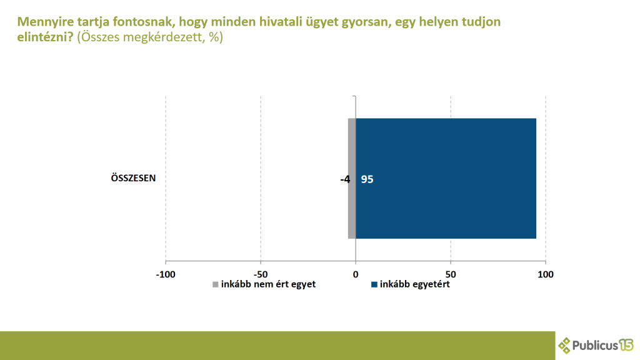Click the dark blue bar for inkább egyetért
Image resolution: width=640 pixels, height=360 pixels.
(x=446, y=178)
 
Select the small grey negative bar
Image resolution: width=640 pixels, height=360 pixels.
(x=352, y=206)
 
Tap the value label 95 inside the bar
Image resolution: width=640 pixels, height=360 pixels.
(x=367, y=179)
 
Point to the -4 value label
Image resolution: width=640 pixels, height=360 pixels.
(x=345, y=179)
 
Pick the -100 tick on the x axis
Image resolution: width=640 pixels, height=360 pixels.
(x=166, y=274)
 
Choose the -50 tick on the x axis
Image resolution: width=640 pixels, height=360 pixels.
(x=261, y=274)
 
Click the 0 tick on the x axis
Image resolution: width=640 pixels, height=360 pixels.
(x=356, y=274)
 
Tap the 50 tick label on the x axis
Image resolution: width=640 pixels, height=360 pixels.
(x=451, y=274)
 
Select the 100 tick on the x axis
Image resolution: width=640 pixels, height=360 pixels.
(x=546, y=274)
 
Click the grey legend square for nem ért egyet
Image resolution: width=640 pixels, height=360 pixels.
(x=216, y=285)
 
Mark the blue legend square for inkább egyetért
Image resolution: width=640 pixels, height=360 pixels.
(x=374, y=285)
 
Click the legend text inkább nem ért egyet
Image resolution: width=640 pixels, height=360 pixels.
(x=268, y=284)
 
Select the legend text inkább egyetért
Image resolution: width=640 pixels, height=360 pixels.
(x=415, y=284)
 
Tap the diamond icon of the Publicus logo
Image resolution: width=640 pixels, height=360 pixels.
(x=565, y=345)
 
